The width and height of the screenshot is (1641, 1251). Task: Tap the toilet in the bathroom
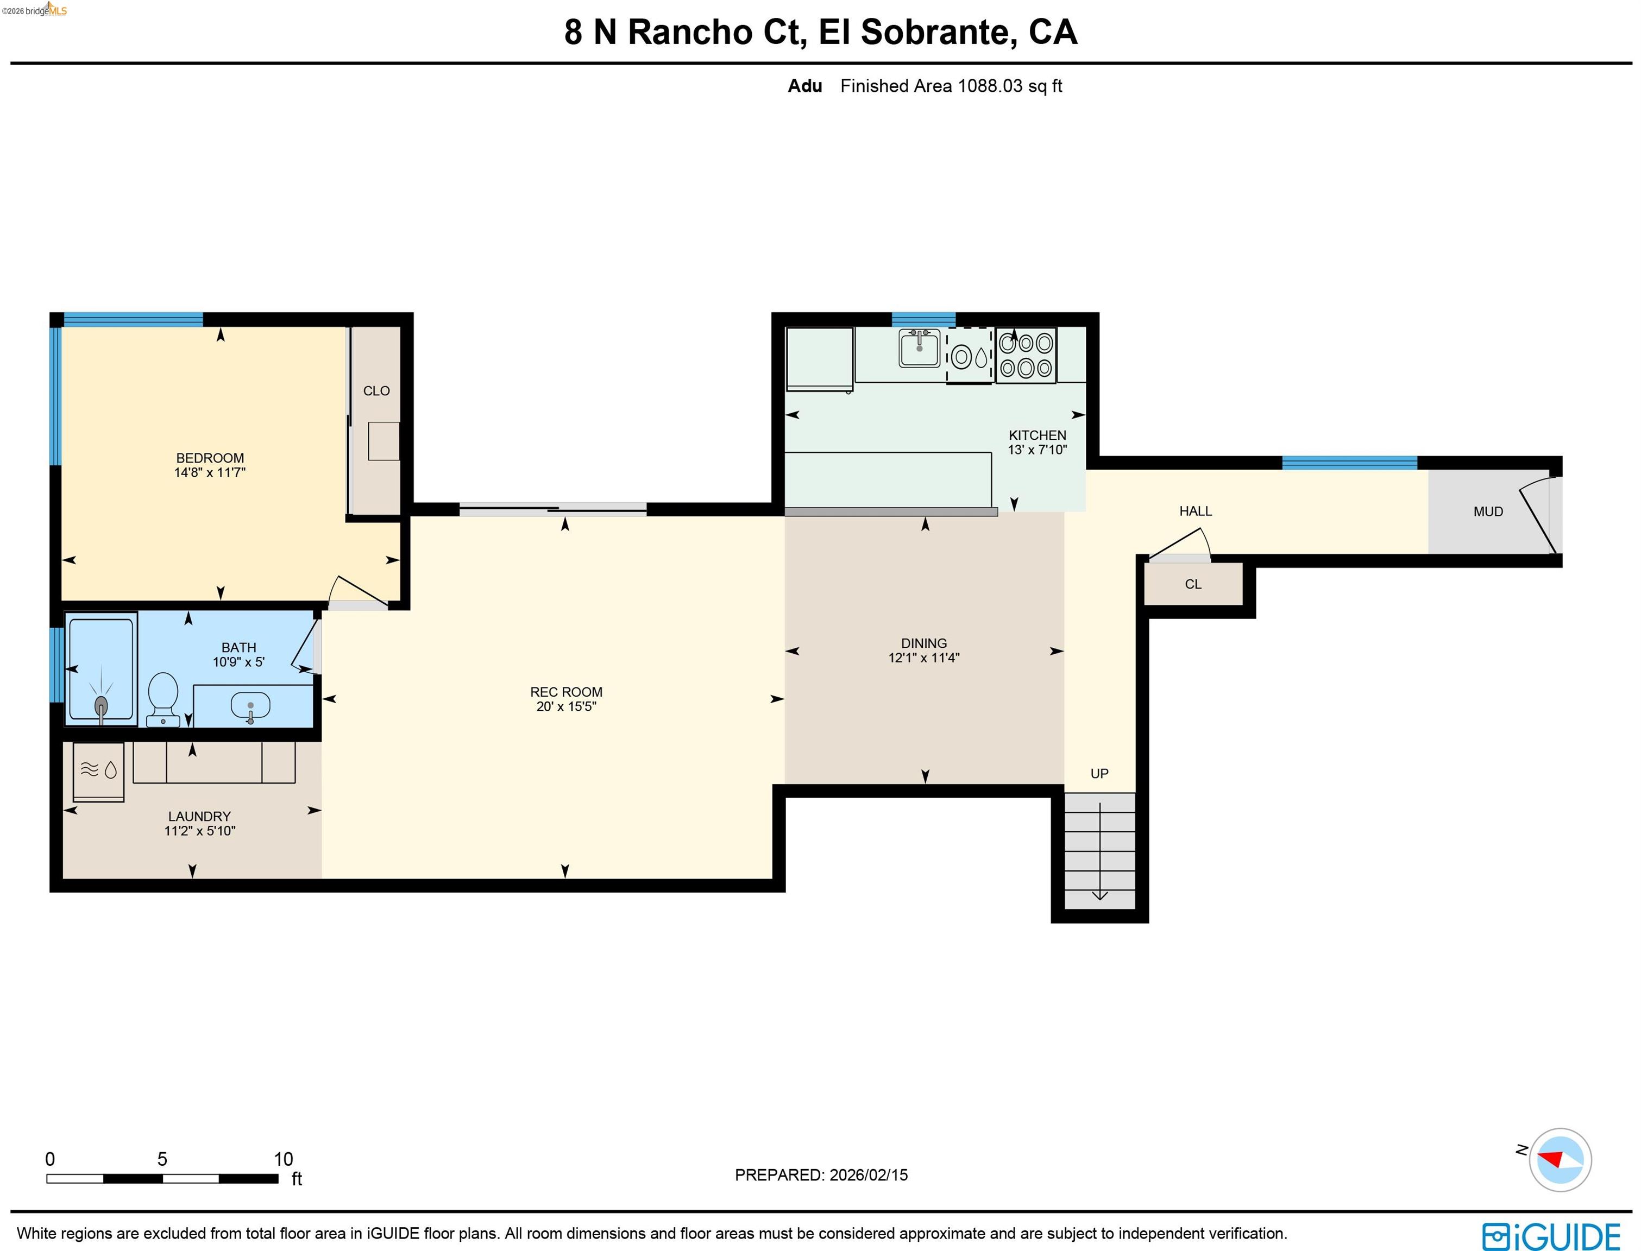point(162,698)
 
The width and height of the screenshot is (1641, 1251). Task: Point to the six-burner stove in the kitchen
point(1026,355)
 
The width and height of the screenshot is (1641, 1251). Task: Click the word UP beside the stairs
point(1099,774)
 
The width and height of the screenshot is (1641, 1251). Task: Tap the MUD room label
point(1488,511)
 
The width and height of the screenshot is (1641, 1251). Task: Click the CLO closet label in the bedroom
point(376,391)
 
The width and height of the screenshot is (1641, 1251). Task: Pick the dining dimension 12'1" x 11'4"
point(923,658)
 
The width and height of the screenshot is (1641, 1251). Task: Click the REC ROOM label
point(566,692)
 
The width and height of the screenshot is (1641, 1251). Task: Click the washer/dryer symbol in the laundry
point(99,770)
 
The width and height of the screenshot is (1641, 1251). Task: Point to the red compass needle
point(1551,1159)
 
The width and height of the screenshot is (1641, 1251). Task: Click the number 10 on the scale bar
point(283,1159)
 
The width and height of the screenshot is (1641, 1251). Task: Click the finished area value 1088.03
point(989,86)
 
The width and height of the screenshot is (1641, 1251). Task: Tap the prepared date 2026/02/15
point(869,1175)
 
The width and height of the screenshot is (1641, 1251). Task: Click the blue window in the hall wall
point(1349,463)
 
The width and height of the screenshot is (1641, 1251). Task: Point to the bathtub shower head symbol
point(101,704)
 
